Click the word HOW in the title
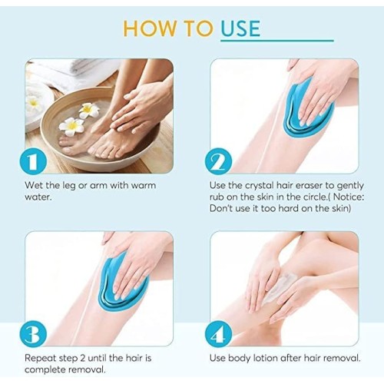point(149,28)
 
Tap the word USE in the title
point(240,28)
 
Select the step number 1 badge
point(33,162)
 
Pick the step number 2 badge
point(218,162)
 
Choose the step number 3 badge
point(33,335)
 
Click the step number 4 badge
point(218,335)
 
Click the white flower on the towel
point(33,102)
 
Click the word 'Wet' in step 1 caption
point(34,185)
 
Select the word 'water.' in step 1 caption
point(38,197)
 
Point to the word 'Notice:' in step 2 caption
point(349,197)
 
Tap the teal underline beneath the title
point(277,40)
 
